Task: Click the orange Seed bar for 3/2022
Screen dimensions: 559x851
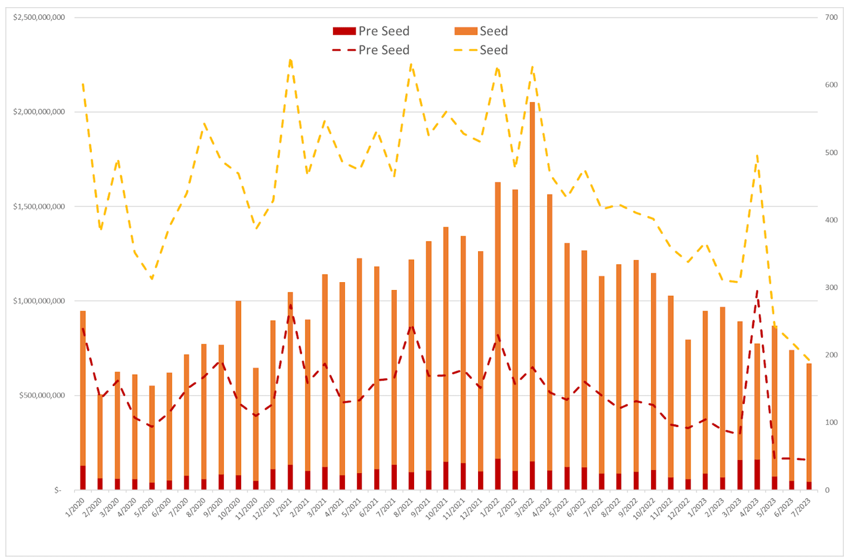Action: click(532, 280)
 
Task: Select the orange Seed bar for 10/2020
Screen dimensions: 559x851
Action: click(239, 388)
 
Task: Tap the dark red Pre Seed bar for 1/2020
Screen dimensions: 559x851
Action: click(83, 478)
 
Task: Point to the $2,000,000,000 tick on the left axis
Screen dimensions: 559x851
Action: click(39, 112)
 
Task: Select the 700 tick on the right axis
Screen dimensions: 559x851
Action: click(831, 17)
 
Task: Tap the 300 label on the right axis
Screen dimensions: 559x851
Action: click(831, 288)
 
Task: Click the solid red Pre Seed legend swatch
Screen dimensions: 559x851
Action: click(344, 31)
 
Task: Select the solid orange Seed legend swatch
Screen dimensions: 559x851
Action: click(465, 31)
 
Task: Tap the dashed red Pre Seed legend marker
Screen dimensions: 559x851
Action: click(344, 50)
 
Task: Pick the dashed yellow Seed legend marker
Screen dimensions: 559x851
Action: click(465, 50)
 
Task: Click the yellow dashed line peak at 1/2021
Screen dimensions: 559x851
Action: click(290, 60)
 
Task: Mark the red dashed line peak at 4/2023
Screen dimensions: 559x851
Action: click(757, 291)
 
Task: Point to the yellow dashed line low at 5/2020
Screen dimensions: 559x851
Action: click(152, 279)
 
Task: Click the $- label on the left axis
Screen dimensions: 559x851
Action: click(57, 490)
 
